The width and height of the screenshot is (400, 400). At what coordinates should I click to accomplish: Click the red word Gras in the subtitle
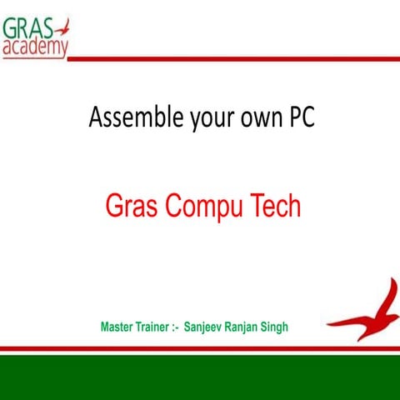click(129, 206)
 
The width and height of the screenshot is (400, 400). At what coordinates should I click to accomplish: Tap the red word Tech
click(273, 205)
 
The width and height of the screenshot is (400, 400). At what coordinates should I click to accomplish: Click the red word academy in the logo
click(35, 47)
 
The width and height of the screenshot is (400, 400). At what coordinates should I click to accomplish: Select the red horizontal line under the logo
click(233, 58)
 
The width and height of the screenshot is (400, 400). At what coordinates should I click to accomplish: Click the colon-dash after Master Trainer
click(177, 327)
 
